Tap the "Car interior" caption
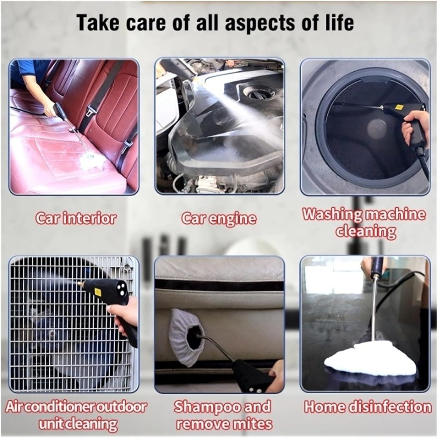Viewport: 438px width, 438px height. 75,219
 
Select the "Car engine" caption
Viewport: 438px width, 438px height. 219,219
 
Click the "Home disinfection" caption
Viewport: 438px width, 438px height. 368,407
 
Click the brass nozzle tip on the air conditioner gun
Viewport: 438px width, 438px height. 81,283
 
